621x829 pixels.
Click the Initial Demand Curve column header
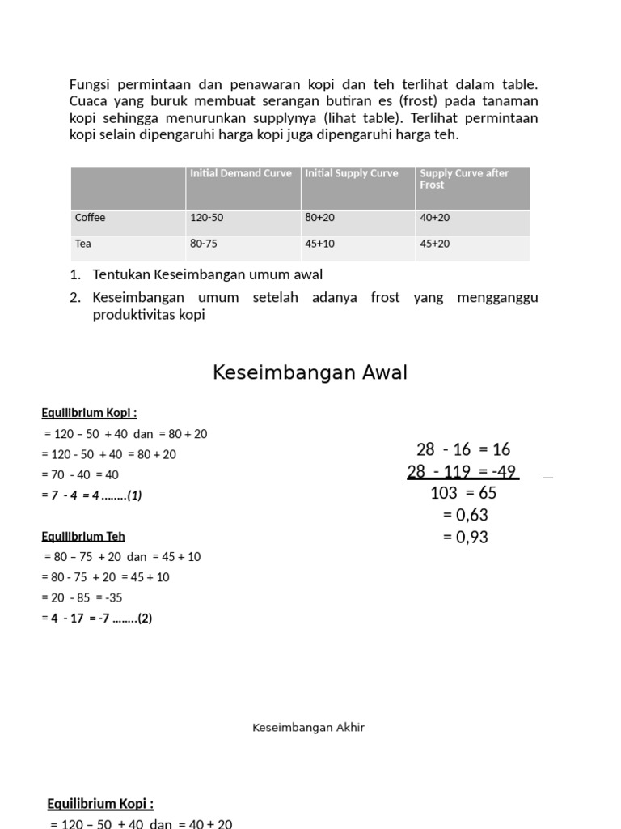pos(240,174)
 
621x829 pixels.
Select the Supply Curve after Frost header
pos(464,179)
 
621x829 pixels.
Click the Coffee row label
pos(91,218)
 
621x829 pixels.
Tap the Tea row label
pos(83,244)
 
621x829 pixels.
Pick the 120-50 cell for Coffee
pos(207,218)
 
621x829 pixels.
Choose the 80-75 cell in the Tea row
pos(204,244)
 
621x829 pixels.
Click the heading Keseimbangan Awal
pos(310,372)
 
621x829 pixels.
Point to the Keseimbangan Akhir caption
pos(308,728)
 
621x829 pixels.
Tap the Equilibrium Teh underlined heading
pos(83,536)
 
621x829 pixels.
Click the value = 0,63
pos(465,515)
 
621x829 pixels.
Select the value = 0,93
pos(465,537)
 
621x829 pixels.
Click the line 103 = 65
pos(463,493)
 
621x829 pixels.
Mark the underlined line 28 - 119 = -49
pos(462,471)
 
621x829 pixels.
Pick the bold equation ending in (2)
pos(97,619)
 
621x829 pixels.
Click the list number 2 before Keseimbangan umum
pos(74,298)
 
